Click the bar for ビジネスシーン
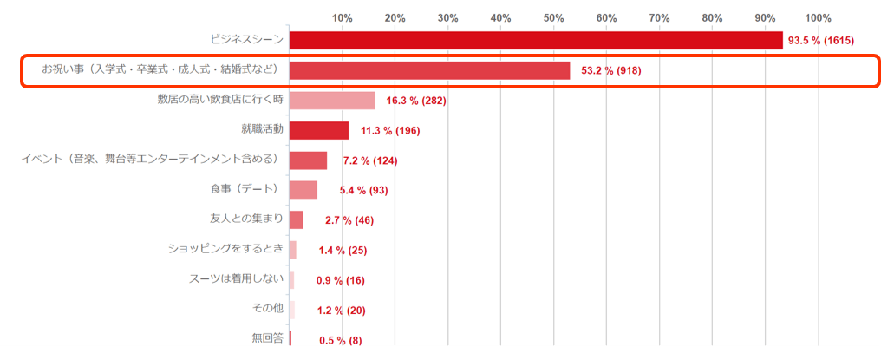point(535,41)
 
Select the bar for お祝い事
point(429,70)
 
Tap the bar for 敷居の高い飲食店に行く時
point(331,101)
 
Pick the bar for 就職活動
point(318,130)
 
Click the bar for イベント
point(308,160)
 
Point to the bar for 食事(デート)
point(303,190)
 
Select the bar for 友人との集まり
point(296,219)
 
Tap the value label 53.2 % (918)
point(611,70)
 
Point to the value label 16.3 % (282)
point(415,101)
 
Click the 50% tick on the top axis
point(553,17)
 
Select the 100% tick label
point(818,17)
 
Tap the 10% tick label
point(342,17)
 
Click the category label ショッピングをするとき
point(225,249)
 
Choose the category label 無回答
point(267,338)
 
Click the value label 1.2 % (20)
point(341,311)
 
